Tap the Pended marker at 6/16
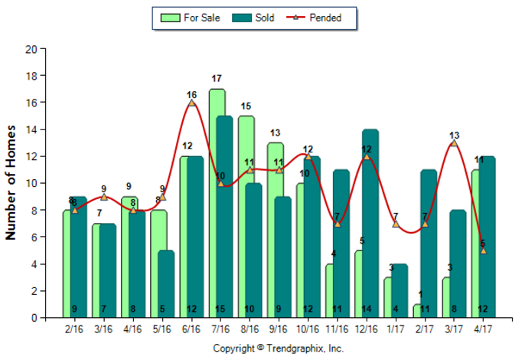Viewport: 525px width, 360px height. click(x=191, y=103)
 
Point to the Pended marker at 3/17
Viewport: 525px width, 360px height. click(x=454, y=143)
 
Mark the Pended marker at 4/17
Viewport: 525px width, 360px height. click(x=483, y=250)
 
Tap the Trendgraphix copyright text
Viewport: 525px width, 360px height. click(x=278, y=349)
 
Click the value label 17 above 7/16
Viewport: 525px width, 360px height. click(x=217, y=78)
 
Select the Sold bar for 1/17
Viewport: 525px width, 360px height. click(x=399, y=291)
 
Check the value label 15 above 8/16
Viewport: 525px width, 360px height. click(x=246, y=106)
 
